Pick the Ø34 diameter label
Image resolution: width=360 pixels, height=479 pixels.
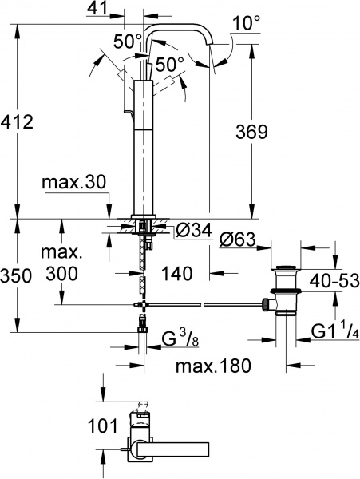click(x=192, y=231)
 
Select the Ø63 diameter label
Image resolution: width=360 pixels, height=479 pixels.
click(x=238, y=237)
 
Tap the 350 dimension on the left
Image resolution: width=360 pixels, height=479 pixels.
click(x=18, y=276)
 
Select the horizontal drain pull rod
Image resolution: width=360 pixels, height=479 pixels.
click(x=200, y=304)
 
